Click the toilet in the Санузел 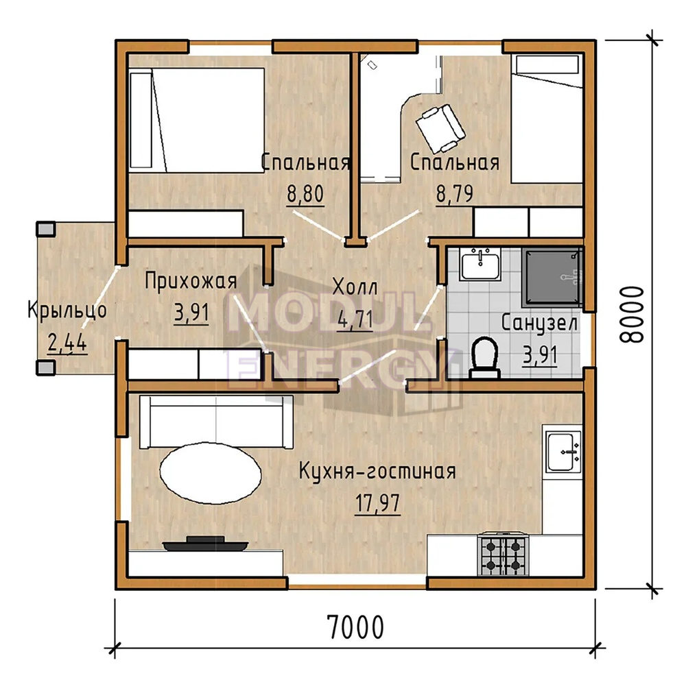(485, 357)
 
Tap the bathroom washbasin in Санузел (480, 264)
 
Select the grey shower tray (552, 277)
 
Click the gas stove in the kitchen (503, 554)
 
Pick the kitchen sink (563, 451)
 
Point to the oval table (211, 474)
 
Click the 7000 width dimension (355, 627)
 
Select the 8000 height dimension (632, 315)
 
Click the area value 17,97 (377, 503)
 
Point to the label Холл (355, 287)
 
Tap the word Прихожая (191, 281)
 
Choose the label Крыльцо (67, 310)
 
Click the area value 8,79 (455, 193)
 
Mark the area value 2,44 (67, 343)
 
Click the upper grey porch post (45, 229)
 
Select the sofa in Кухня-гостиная (216, 422)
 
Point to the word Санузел (539, 324)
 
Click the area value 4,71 (355, 319)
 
